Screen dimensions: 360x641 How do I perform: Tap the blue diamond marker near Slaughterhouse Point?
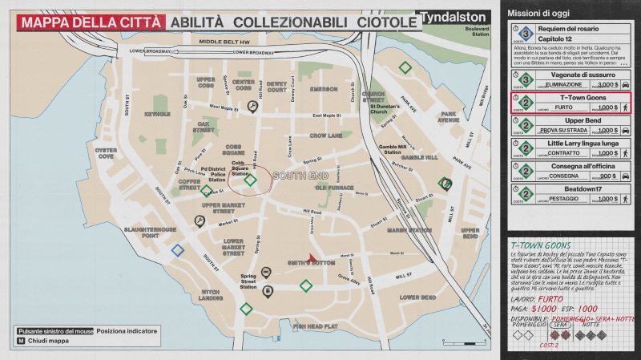coord(177,250)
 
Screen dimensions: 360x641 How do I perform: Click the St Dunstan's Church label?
coord(389,107)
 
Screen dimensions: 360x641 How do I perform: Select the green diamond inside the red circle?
coord(250,180)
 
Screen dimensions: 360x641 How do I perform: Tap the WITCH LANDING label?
coord(211,294)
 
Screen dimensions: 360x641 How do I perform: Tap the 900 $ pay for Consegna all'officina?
coord(607,176)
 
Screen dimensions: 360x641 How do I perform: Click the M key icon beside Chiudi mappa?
coord(21,341)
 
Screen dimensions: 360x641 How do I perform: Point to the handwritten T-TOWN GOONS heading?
coord(539,244)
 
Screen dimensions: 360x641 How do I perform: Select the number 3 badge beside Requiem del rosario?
coord(525,34)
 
